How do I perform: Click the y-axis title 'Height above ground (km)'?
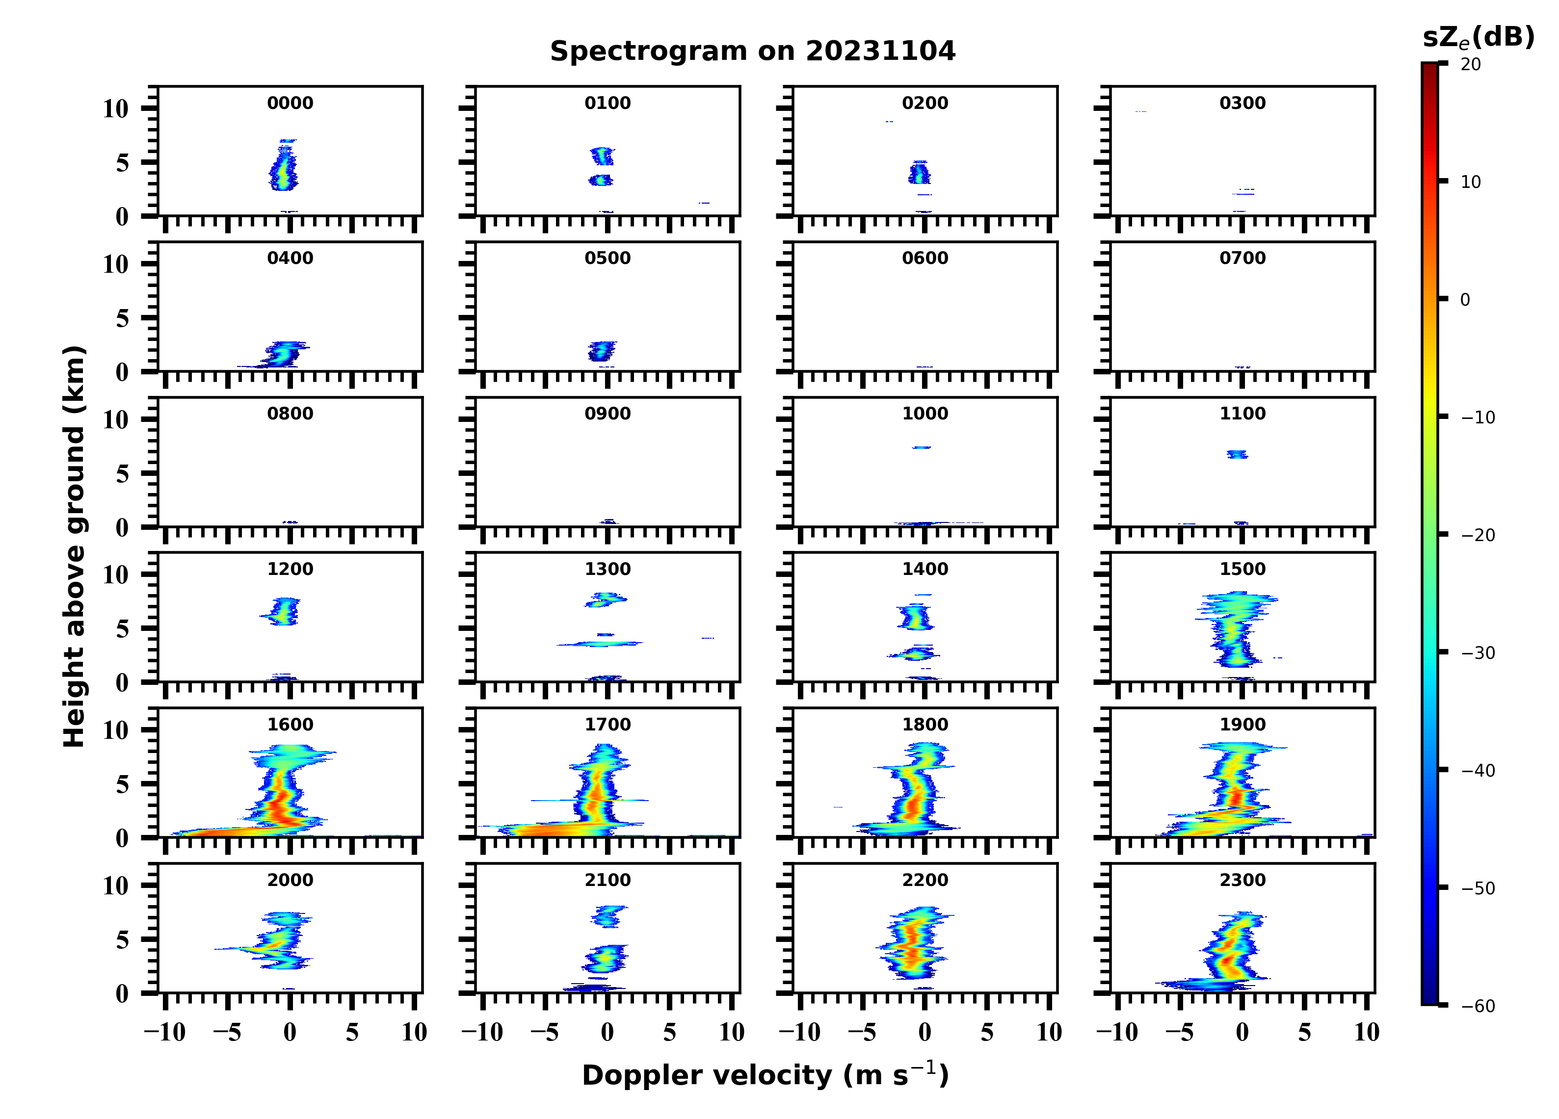click(x=74, y=546)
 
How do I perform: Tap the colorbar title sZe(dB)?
click(x=1478, y=37)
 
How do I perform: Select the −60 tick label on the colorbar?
click(x=1478, y=1006)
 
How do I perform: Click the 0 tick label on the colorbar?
click(x=1465, y=300)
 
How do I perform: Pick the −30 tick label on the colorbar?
click(x=1478, y=653)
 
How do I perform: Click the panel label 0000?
click(x=290, y=103)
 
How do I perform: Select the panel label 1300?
click(x=608, y=569)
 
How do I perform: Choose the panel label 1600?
click(x=290, y=725)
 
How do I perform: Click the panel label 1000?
click(x=925, y=414)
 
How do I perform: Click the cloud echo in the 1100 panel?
click(x=1237, y=454)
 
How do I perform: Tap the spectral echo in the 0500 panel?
click(x=602, y=351)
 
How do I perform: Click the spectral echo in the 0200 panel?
click(x=919, y=173)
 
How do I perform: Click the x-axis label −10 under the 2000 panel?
click(x=165, y=1032)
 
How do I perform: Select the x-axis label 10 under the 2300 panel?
click(x=1367, y=1032)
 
